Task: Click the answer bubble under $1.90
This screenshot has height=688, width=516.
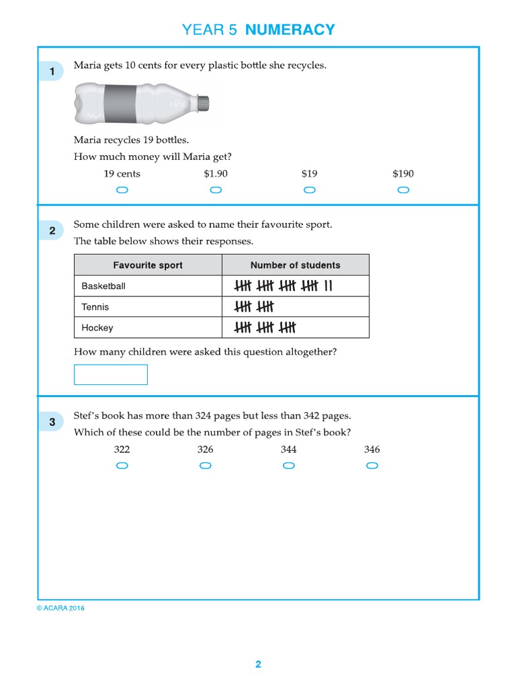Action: [x=216, y=190]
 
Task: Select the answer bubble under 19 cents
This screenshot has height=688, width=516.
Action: [x=122, y=190]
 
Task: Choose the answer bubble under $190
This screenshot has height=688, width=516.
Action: [x=403, y=190]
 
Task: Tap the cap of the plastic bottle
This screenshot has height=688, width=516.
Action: [x=204, y=103]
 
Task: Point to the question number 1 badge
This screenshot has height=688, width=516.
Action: [x=52, y=71]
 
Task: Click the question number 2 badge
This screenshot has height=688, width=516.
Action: [x=52, y=231]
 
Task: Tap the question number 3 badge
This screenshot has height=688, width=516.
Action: [x=52, y=422]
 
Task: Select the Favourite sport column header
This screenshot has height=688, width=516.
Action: [x=148, y=265]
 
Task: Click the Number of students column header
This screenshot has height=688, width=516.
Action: [x=295, y=265]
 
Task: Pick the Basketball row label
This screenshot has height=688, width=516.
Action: [x=103, y=286]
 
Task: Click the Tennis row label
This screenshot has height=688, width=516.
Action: [x=95, y=307]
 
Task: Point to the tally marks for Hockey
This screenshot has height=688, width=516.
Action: [x=265, y=328]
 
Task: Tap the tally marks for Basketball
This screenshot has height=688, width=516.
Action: [x=283, y=286]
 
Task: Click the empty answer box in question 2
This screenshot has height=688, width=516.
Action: [x=110, y=375]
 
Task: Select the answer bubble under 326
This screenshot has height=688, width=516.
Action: [x=206, y=466]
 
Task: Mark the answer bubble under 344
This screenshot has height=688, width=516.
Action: [x=289, y=466]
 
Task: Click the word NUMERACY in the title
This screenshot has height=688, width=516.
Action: [x=290, y=30]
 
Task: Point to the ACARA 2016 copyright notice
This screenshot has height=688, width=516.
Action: [x=60, y=609]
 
